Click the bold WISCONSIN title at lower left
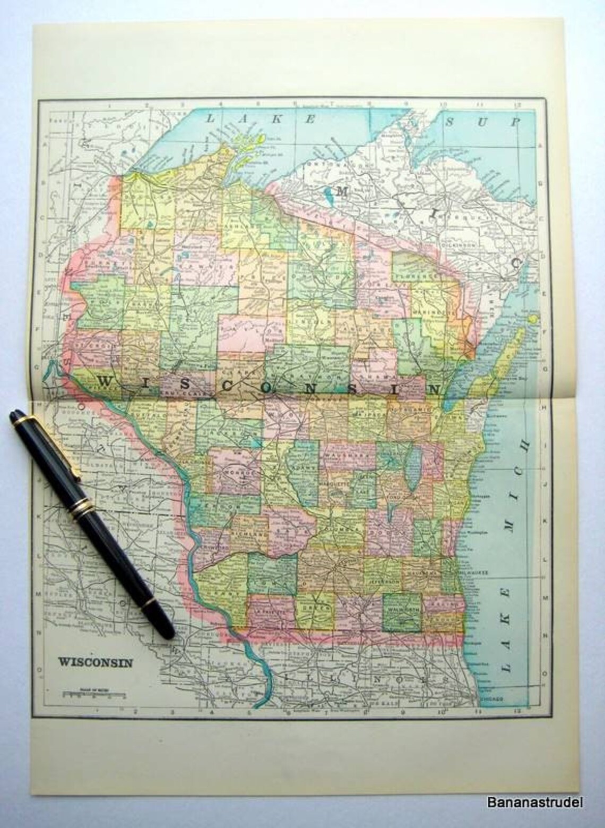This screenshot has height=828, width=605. (95, 662)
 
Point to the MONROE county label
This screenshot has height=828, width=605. (235, 471)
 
